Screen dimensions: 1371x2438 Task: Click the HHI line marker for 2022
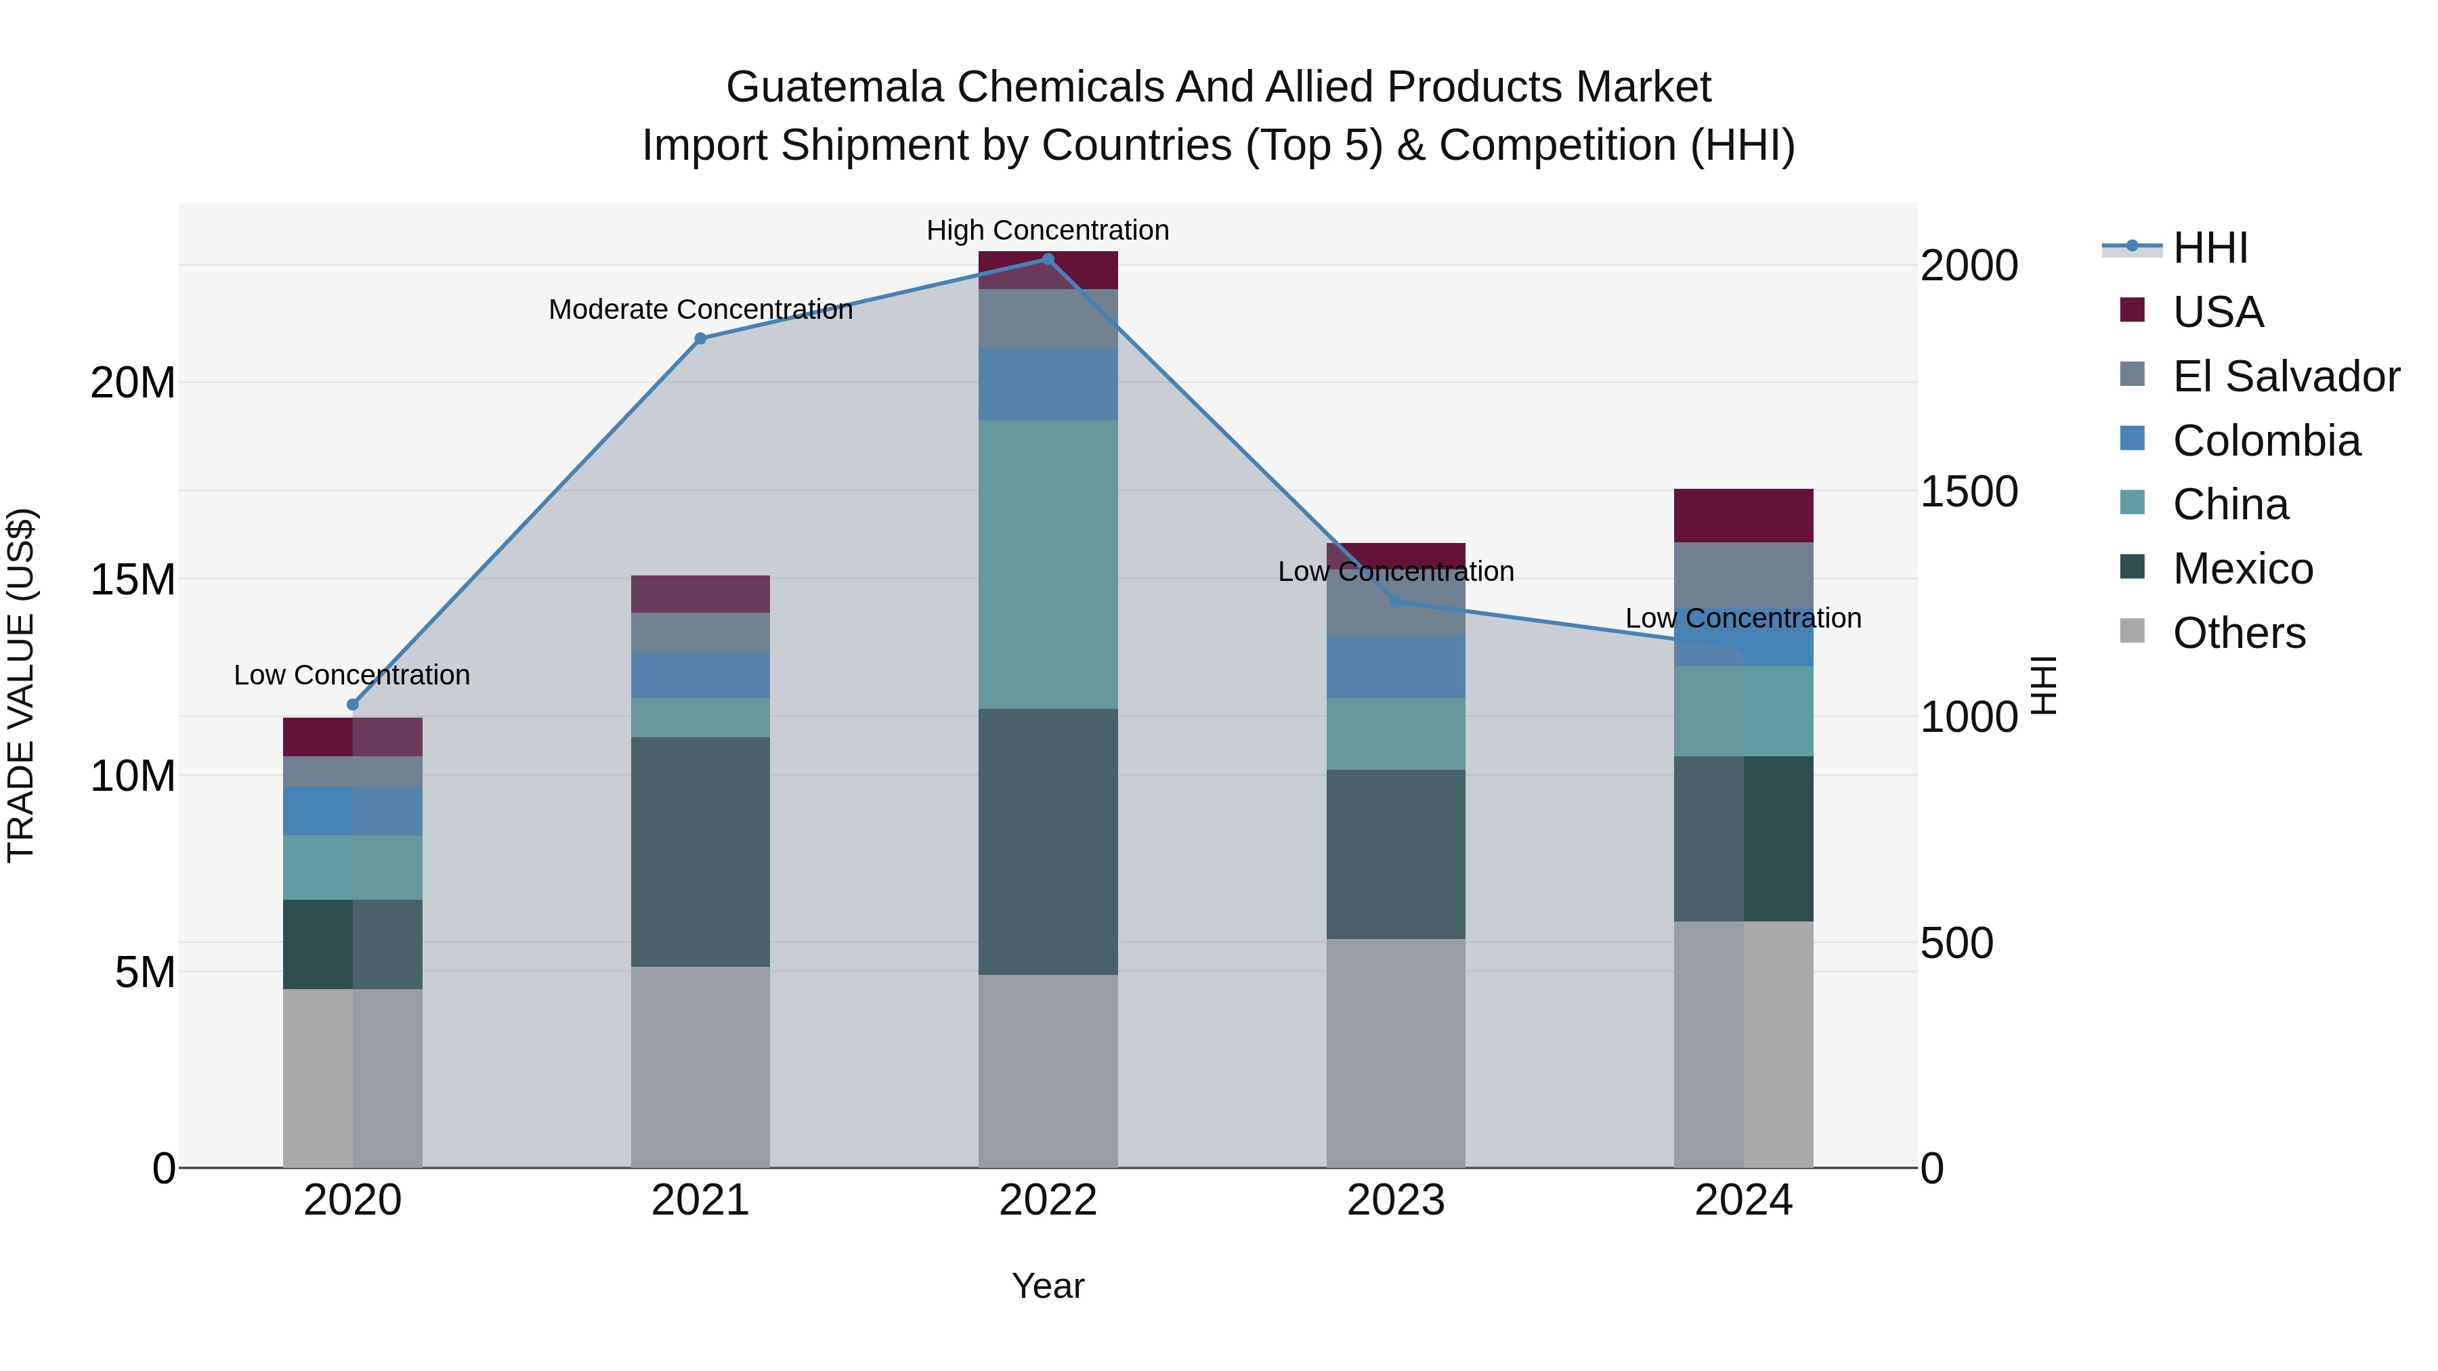[1048, 259]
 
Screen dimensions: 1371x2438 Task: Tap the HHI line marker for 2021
[700, 339]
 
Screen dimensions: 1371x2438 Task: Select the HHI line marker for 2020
[353, 705]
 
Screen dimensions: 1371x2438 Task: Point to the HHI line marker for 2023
[1396, 602]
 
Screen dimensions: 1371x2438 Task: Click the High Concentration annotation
[1048, 230]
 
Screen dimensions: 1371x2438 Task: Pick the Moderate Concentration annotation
[700, 309]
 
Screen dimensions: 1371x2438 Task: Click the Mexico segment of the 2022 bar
[1048, 842]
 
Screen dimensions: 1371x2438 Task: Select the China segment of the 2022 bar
[1048, 565]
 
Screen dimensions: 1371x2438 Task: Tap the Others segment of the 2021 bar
[700, 1067]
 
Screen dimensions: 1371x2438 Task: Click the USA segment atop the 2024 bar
[1743, 516]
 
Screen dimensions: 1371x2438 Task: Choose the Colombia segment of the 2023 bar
[1396, 667]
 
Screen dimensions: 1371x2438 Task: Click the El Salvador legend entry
[2286, 376]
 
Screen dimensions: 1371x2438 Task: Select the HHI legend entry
[2210, 248]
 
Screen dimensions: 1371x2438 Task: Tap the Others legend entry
[2238, 633]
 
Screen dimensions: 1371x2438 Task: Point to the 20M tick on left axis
[133, 383]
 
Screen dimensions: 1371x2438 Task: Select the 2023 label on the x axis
[1396, 1200]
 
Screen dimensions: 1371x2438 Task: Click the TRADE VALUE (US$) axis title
[22, 685]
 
